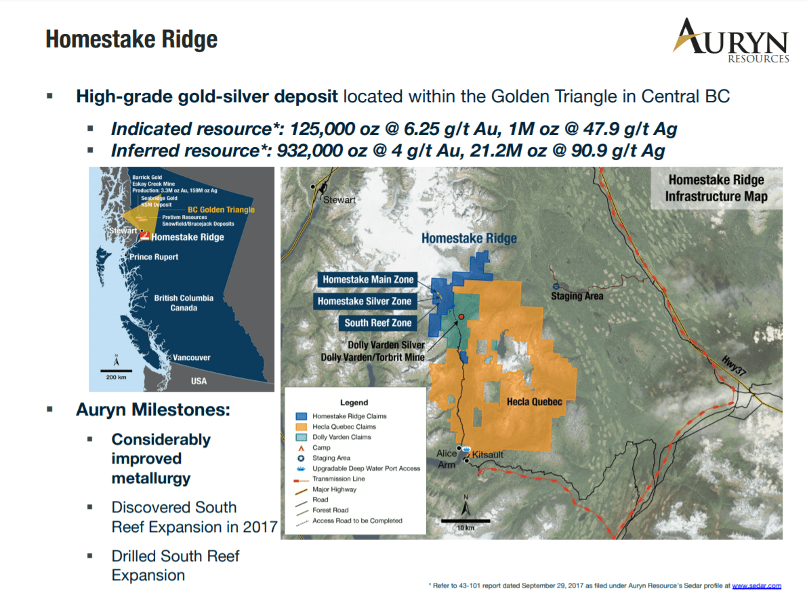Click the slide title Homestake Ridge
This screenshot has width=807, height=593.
[x=131, y=39]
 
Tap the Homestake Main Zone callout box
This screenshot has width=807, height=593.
[x=367, y=279]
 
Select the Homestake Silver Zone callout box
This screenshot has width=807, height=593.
[x=365, y=301]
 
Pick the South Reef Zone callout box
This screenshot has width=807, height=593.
[x=377, y=323]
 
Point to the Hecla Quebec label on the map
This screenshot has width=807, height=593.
[x=534, y=401]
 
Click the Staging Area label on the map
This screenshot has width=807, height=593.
[x=577, y=296]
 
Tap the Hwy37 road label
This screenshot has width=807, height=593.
[x=733, y=365]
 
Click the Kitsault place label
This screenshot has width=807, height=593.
[x=487, y=455]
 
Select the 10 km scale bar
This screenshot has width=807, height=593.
[x=465, y=521]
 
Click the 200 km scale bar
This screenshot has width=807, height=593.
[x=117, y=371]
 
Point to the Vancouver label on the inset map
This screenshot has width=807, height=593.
[x=192, y=357]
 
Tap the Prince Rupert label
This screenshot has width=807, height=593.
[x=154, y=257]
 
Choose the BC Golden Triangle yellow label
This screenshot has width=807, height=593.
[x=222, y=209]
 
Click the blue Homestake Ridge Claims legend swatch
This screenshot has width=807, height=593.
[x=301, y=416]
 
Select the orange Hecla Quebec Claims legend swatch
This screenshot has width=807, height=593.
[x=301, y=427]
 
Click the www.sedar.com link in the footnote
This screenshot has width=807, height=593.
[x=757, y=586]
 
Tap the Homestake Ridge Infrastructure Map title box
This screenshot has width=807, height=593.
[x=716, y=188]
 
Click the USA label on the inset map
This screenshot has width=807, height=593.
[x=199, y=381]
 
